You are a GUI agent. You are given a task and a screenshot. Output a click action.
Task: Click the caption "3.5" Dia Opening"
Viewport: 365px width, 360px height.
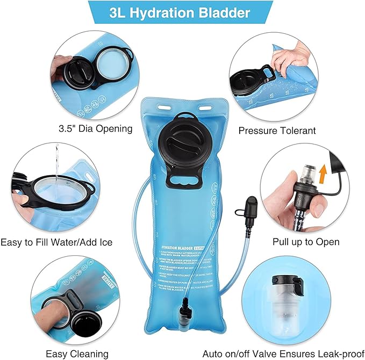tap(95, 129)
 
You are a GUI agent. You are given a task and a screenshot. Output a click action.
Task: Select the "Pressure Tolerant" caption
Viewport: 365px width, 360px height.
tap(277, 130)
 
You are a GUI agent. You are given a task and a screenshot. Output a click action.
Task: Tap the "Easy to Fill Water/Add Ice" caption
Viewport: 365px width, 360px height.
tap(56, 242)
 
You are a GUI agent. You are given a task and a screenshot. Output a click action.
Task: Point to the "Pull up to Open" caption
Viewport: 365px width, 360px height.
tap(301, 241)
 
